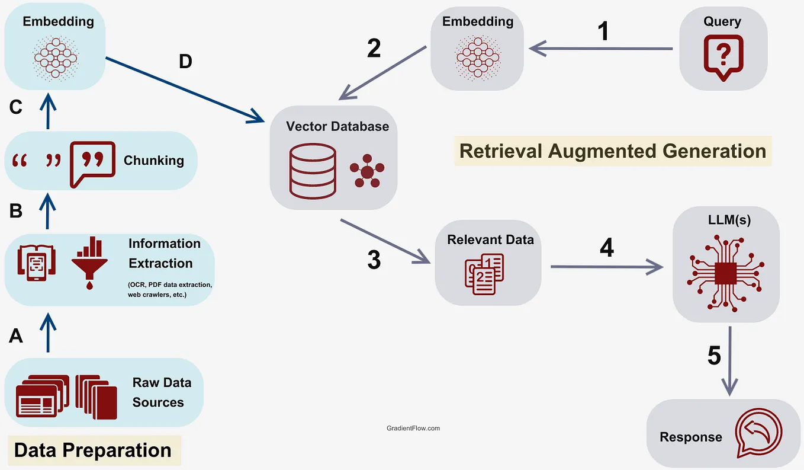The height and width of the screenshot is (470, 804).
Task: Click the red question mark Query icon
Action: click(723, 58)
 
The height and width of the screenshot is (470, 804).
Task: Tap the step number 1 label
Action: click(603, 31)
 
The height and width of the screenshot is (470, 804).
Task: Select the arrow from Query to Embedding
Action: click(600, 49)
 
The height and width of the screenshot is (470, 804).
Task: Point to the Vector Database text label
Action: click(337, 126)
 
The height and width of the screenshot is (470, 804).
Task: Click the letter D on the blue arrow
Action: click(185, 61)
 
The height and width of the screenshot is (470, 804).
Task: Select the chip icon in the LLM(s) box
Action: click(726, 274)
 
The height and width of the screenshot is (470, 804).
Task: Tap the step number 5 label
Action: click(714, 356)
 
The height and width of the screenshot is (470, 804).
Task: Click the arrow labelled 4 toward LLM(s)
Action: click(606, 267)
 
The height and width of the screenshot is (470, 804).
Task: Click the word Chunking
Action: click(153, 161)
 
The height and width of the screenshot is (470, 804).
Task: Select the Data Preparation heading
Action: click(92, 450)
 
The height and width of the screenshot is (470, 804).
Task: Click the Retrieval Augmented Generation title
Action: click(613, 151)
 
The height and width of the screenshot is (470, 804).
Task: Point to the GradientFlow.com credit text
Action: click(413, 428)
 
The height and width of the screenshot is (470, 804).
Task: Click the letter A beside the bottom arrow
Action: click(16, 336)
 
